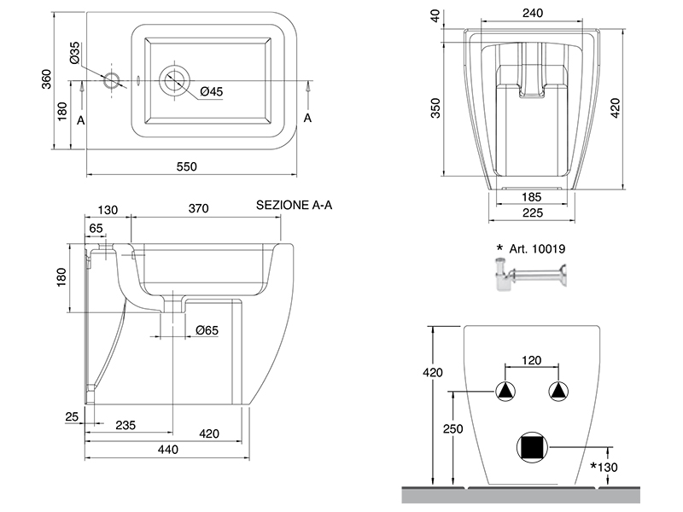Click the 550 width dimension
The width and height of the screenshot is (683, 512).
pyautogui.click(x=187, y=166)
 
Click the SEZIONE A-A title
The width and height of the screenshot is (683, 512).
pyautogui.click(x=295, y=206)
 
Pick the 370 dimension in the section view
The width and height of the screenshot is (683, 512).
pyautogui.click(x=198, y=209)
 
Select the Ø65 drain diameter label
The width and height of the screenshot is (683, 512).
pyautogui.click(x=208, y=329)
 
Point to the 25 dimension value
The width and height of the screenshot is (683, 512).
pyautogui.click(x=72, y=416)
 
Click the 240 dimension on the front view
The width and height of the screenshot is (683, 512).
pyautogui.click(x=533, y=15)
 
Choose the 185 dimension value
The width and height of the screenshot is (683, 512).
pyautogui.click(x=533, y=198)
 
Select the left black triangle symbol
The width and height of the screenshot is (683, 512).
pyautogui.click(x=506, y=392)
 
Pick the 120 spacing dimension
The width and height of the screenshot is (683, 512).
pyautogui.click(x=532, y=361)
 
